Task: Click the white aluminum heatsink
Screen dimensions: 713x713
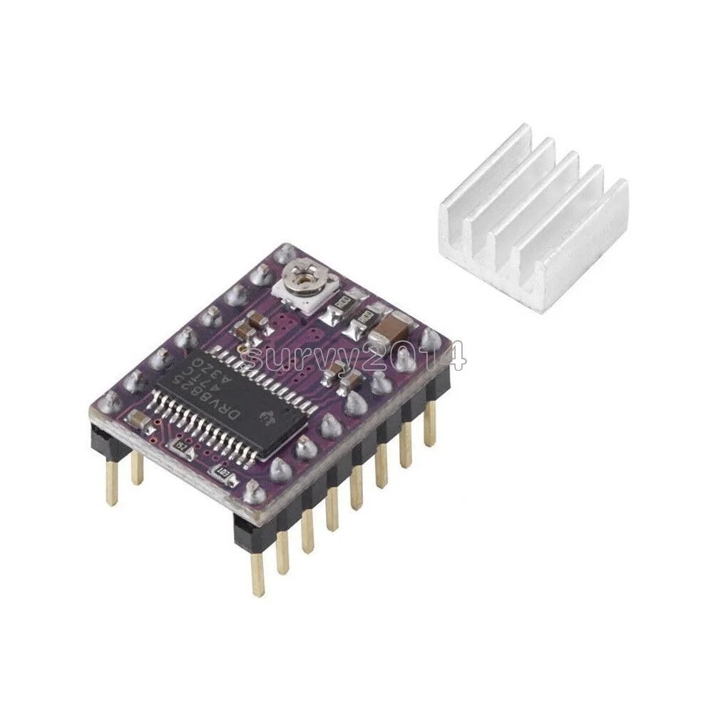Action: click(532, 214)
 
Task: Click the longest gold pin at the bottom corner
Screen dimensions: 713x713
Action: click(257, 570)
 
